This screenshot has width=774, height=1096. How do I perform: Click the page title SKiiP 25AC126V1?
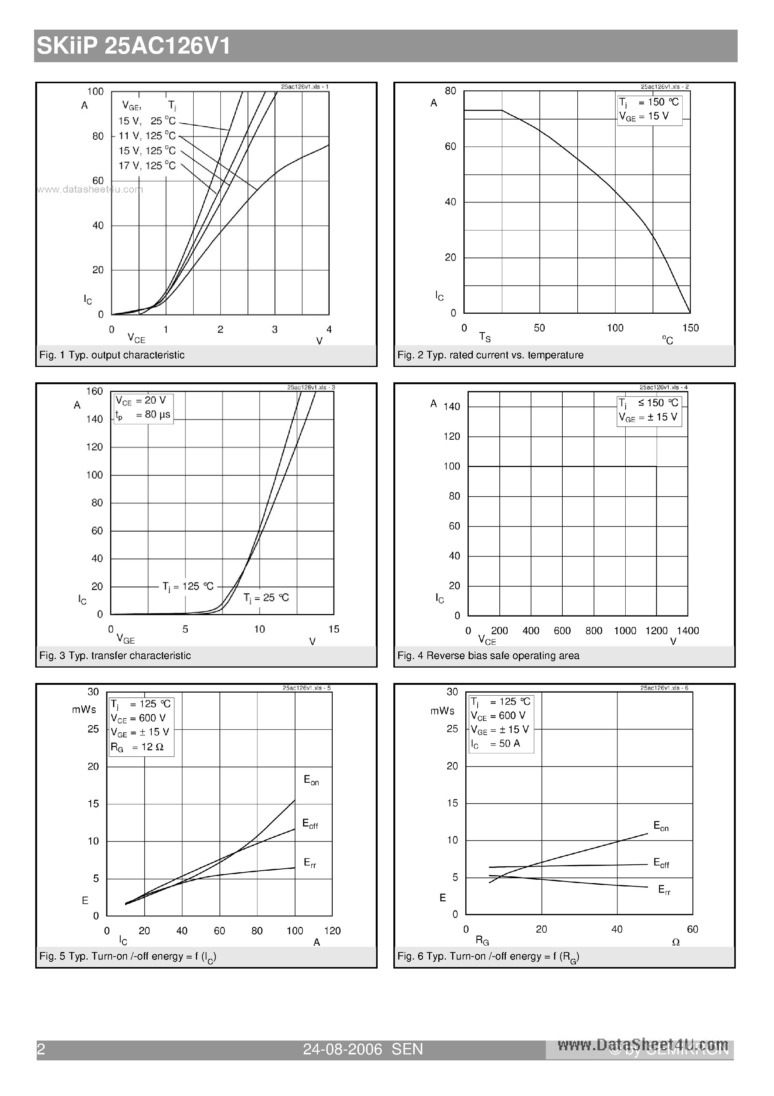[134, 46]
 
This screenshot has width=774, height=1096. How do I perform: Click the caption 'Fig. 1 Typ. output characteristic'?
[112, 355]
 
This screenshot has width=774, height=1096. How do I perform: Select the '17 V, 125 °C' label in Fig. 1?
[147, 166]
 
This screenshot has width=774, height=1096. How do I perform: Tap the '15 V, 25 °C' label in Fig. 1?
[147, 121]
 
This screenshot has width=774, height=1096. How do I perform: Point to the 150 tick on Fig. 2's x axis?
[690, 328]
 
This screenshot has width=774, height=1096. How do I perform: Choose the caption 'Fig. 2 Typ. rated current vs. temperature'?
[490, 355]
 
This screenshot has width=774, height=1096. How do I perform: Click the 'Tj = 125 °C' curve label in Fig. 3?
[188, 587]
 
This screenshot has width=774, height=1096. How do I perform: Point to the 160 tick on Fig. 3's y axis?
[94, 391]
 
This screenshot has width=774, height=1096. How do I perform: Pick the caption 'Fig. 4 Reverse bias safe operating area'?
[488, 656]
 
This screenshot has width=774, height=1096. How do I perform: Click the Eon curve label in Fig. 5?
[311, 780]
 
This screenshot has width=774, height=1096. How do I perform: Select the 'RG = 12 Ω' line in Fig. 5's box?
[137, 747]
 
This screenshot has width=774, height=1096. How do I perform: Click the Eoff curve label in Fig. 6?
[661, 862]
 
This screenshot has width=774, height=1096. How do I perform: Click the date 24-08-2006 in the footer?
[343, 1049]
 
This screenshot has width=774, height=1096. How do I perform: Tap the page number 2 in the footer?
[41, 1049]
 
